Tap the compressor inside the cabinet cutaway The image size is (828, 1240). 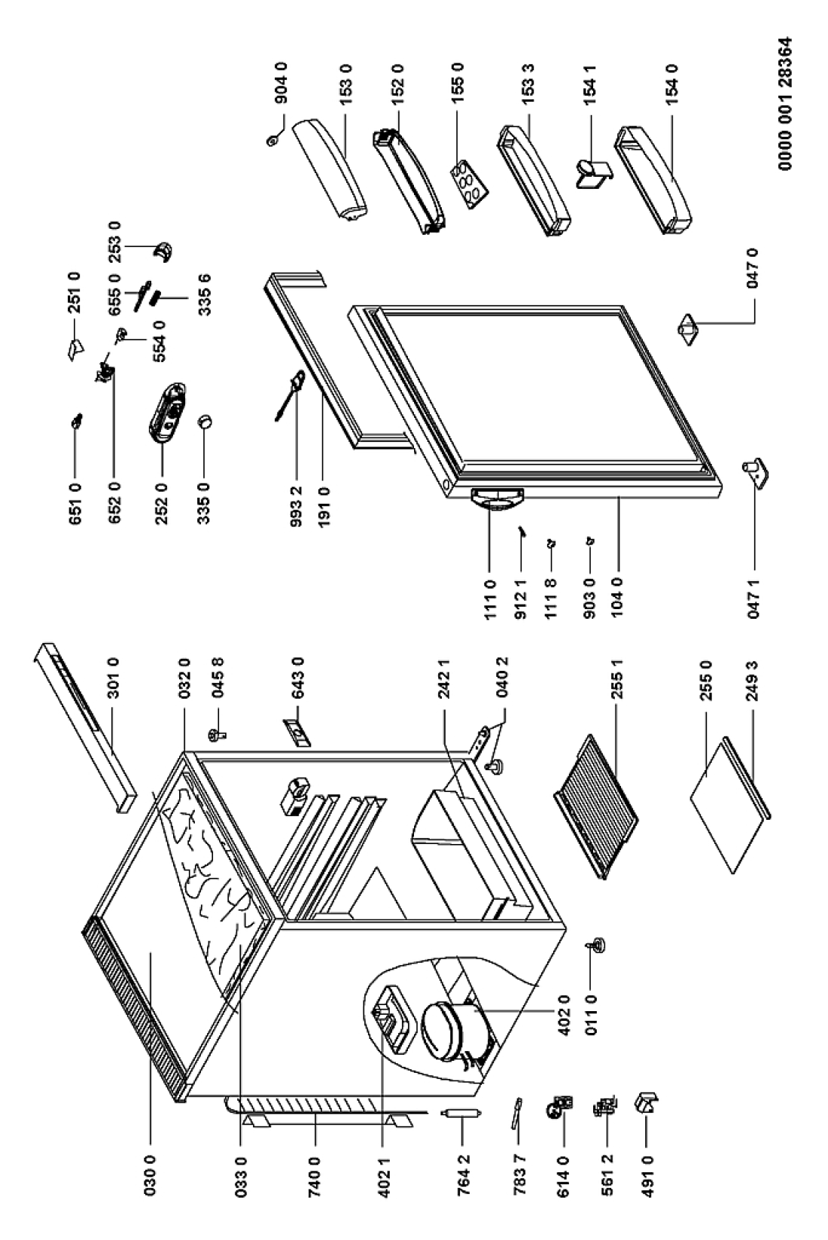pos(449,1025)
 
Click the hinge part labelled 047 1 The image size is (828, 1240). pos(756,472)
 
